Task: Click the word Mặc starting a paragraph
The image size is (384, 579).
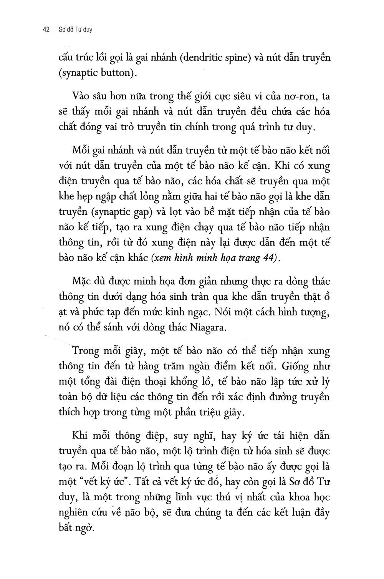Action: [x=83, y=282]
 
